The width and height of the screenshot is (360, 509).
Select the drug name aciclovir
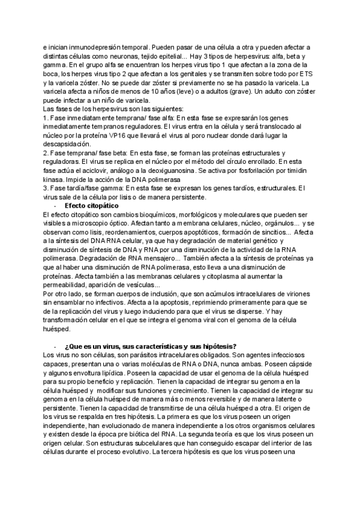(94, 170)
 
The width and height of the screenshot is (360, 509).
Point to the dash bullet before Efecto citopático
(55, 205)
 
